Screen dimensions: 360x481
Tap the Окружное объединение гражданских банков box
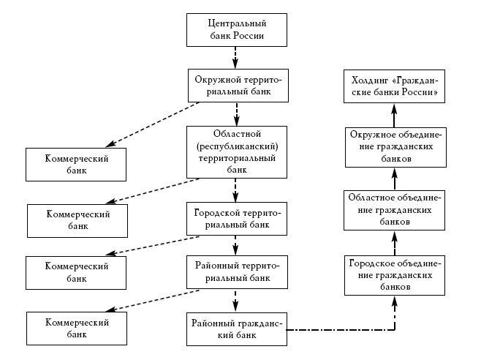tap(395, 146)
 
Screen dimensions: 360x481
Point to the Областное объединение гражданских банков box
tap(395, 209)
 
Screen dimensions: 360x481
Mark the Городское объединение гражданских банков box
tap(395, 274)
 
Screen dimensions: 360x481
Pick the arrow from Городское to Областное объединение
tap(395, 241)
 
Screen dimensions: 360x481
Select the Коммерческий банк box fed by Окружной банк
tap(67, 164)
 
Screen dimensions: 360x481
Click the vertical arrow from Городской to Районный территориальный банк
tap(235, 244)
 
